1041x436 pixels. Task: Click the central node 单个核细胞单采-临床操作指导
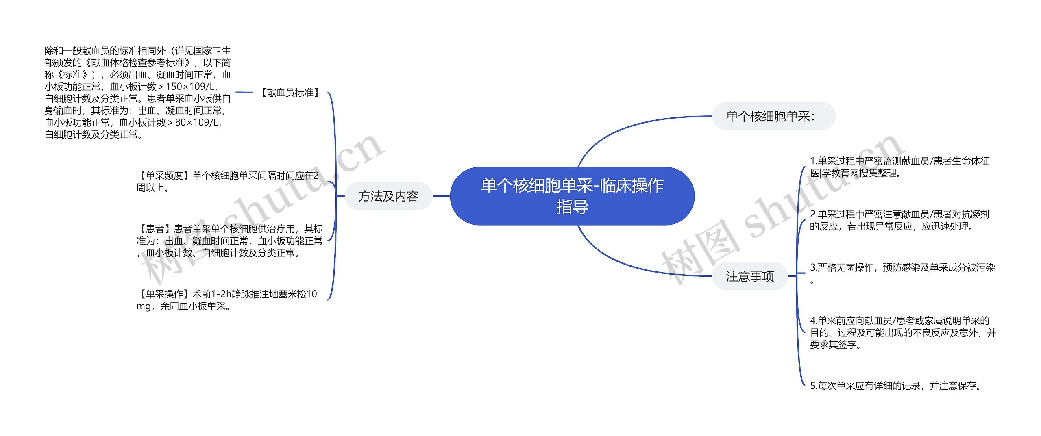pos(572,196)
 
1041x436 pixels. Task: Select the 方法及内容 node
pos(388,196)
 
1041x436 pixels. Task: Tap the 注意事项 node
pos(750,276)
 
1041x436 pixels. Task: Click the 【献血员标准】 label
pos(290,93)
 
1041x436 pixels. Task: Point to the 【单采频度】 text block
pos(228,182)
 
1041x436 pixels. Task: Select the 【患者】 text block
pos(230,241)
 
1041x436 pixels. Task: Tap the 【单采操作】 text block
pos(227,300)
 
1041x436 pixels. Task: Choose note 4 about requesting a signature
pos(903,333)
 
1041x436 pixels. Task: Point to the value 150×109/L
pos(191,87)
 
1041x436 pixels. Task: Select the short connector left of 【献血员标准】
pos(244,93)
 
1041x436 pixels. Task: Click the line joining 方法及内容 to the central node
pos(441,196)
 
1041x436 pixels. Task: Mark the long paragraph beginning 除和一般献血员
pos(138,93)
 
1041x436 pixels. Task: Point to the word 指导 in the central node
pos(572,207)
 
